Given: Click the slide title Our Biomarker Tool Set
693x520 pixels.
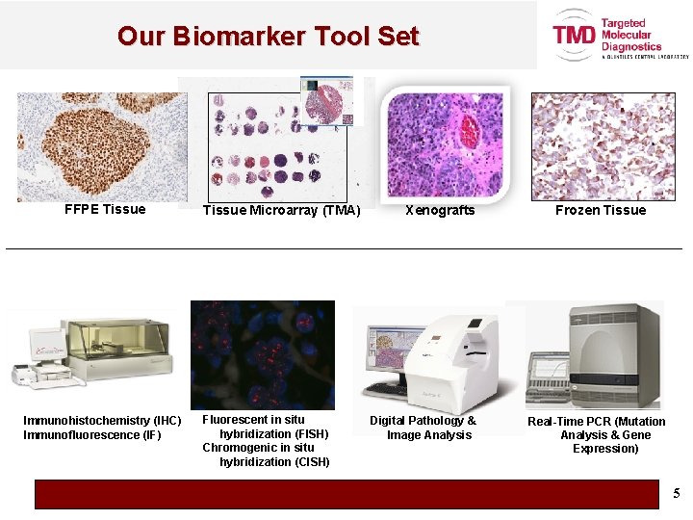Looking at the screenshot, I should click(268, 37).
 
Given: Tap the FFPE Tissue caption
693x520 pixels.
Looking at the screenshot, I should click(105, 209).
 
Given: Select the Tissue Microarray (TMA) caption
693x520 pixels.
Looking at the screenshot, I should click(281, 210).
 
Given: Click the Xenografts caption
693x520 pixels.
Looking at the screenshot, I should click(440, 210).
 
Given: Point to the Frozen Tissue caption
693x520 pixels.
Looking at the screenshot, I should click(601, 210).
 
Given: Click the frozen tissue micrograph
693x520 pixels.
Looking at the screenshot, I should click(603, 146).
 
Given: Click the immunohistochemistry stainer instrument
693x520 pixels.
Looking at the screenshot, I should click(93, 353).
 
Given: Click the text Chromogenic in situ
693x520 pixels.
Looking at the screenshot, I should click(258, 448).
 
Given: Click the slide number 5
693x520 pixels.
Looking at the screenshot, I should click(676, 494).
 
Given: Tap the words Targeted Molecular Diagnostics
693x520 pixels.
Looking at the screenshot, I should click(631, 36).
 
